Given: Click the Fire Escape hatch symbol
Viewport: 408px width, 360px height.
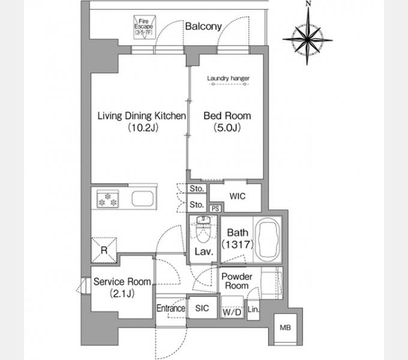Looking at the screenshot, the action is (x=145, y=28).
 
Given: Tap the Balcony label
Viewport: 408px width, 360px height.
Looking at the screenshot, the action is (x=203, y=26).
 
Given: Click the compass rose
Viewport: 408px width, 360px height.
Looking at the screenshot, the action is (x=308, y=40).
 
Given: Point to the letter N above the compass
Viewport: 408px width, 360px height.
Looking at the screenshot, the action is (x=308, y=4).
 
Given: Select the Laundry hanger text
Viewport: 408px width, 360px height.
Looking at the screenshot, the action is (x=228, y=78).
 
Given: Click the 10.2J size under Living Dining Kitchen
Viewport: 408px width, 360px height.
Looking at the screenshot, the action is (x=143, y=127).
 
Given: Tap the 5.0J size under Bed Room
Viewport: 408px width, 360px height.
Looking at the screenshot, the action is (x=227, y=127).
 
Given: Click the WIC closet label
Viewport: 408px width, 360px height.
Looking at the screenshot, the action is (x=238, y=196).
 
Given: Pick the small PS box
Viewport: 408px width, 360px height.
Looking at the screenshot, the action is (x=215, y=209).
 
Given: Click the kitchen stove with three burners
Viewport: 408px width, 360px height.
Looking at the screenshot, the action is (x=108, y=199).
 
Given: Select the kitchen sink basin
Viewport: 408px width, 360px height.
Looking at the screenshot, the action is (x=143, y=199).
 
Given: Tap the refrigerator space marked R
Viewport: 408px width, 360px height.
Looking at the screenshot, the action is (x=104, y=250).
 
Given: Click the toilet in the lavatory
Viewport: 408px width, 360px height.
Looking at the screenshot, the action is (x=203, y=229).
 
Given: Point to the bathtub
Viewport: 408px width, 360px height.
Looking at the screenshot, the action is (x=268, y=239).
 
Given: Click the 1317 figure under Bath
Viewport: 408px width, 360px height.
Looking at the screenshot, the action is (x=238, y=244).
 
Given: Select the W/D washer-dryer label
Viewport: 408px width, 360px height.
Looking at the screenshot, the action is (x=232, y=312).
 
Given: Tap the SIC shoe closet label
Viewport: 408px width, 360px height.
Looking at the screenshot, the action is (x=202, y=308).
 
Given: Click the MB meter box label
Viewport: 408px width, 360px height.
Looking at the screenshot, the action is (x=285, y=328).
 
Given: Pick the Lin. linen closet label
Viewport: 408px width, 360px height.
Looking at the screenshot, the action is (x=253, y=309).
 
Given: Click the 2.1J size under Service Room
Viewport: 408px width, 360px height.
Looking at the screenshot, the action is (x=122, y=293).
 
